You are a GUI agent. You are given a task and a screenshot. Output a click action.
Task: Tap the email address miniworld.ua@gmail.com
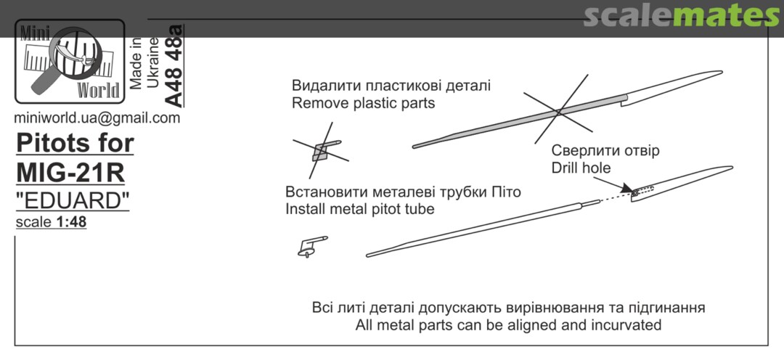point(98,118)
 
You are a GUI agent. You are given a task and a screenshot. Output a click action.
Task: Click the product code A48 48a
point(175,66)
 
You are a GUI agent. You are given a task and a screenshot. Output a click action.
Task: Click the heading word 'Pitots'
point(49,143)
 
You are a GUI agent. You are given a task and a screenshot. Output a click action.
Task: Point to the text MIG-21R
point(70,173)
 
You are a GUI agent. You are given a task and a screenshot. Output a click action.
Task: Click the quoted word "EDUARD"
point(73,200)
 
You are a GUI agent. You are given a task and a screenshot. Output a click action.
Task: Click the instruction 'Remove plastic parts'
point(363,103)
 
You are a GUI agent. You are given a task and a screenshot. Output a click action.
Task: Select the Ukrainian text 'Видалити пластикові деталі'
point(391,86)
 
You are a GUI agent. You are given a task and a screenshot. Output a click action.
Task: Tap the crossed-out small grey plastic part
point(320,152)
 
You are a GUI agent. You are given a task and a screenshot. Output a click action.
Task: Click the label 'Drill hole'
point(581,168)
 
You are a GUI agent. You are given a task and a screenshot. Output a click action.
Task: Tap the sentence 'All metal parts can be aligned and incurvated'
point(508,324)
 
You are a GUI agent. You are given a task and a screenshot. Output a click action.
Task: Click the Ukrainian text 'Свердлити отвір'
point(605,151)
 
